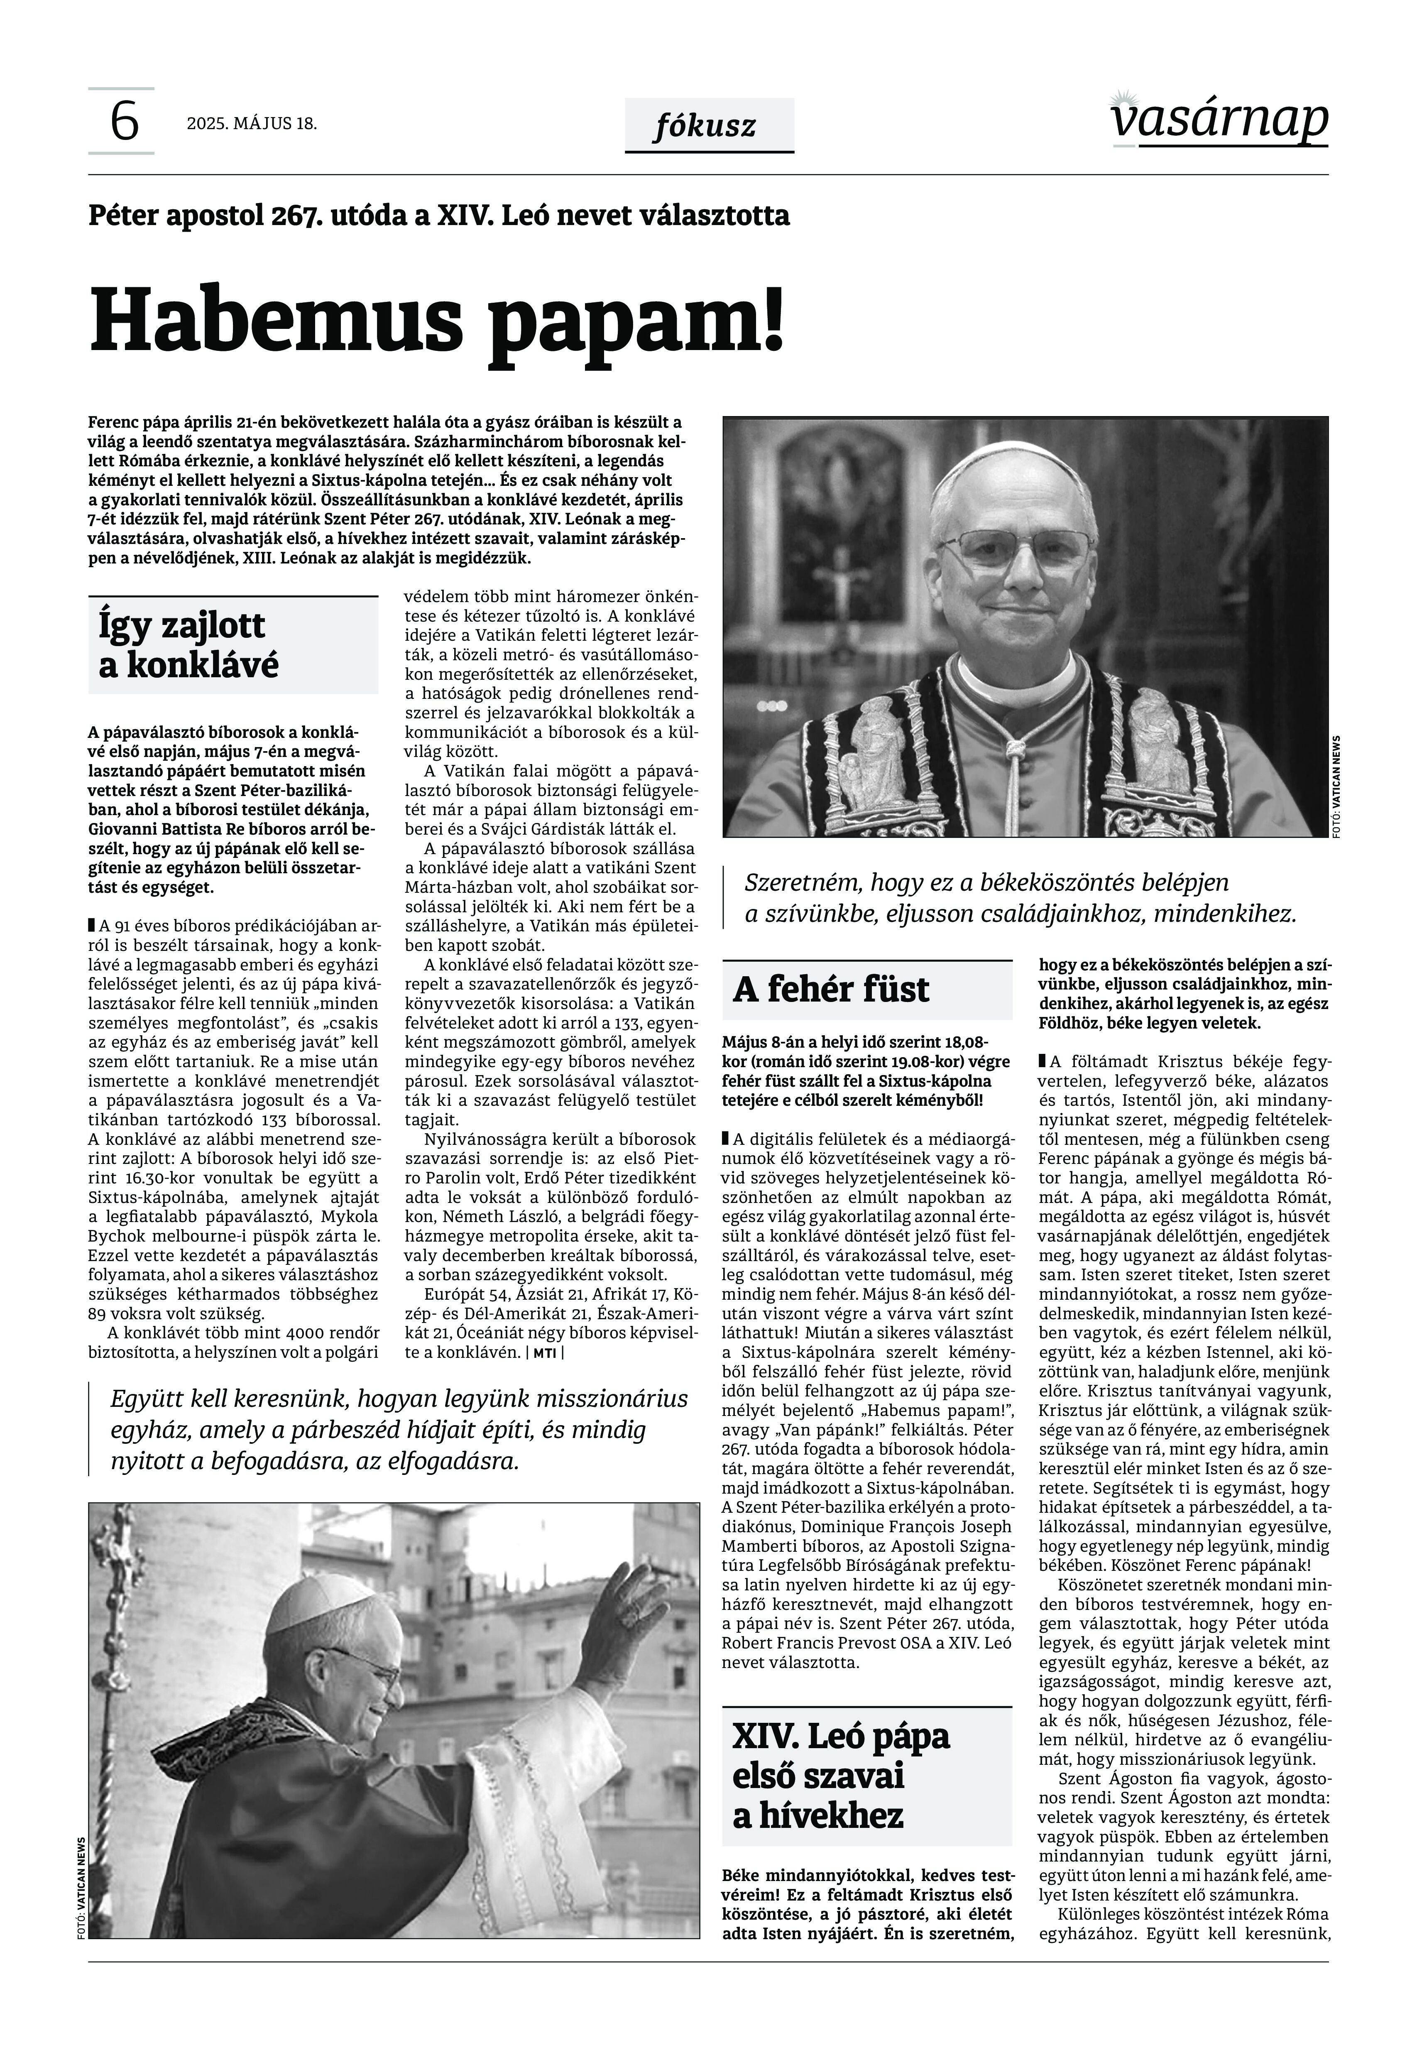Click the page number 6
coord(123,122)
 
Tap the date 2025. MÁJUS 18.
coord(251,123)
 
